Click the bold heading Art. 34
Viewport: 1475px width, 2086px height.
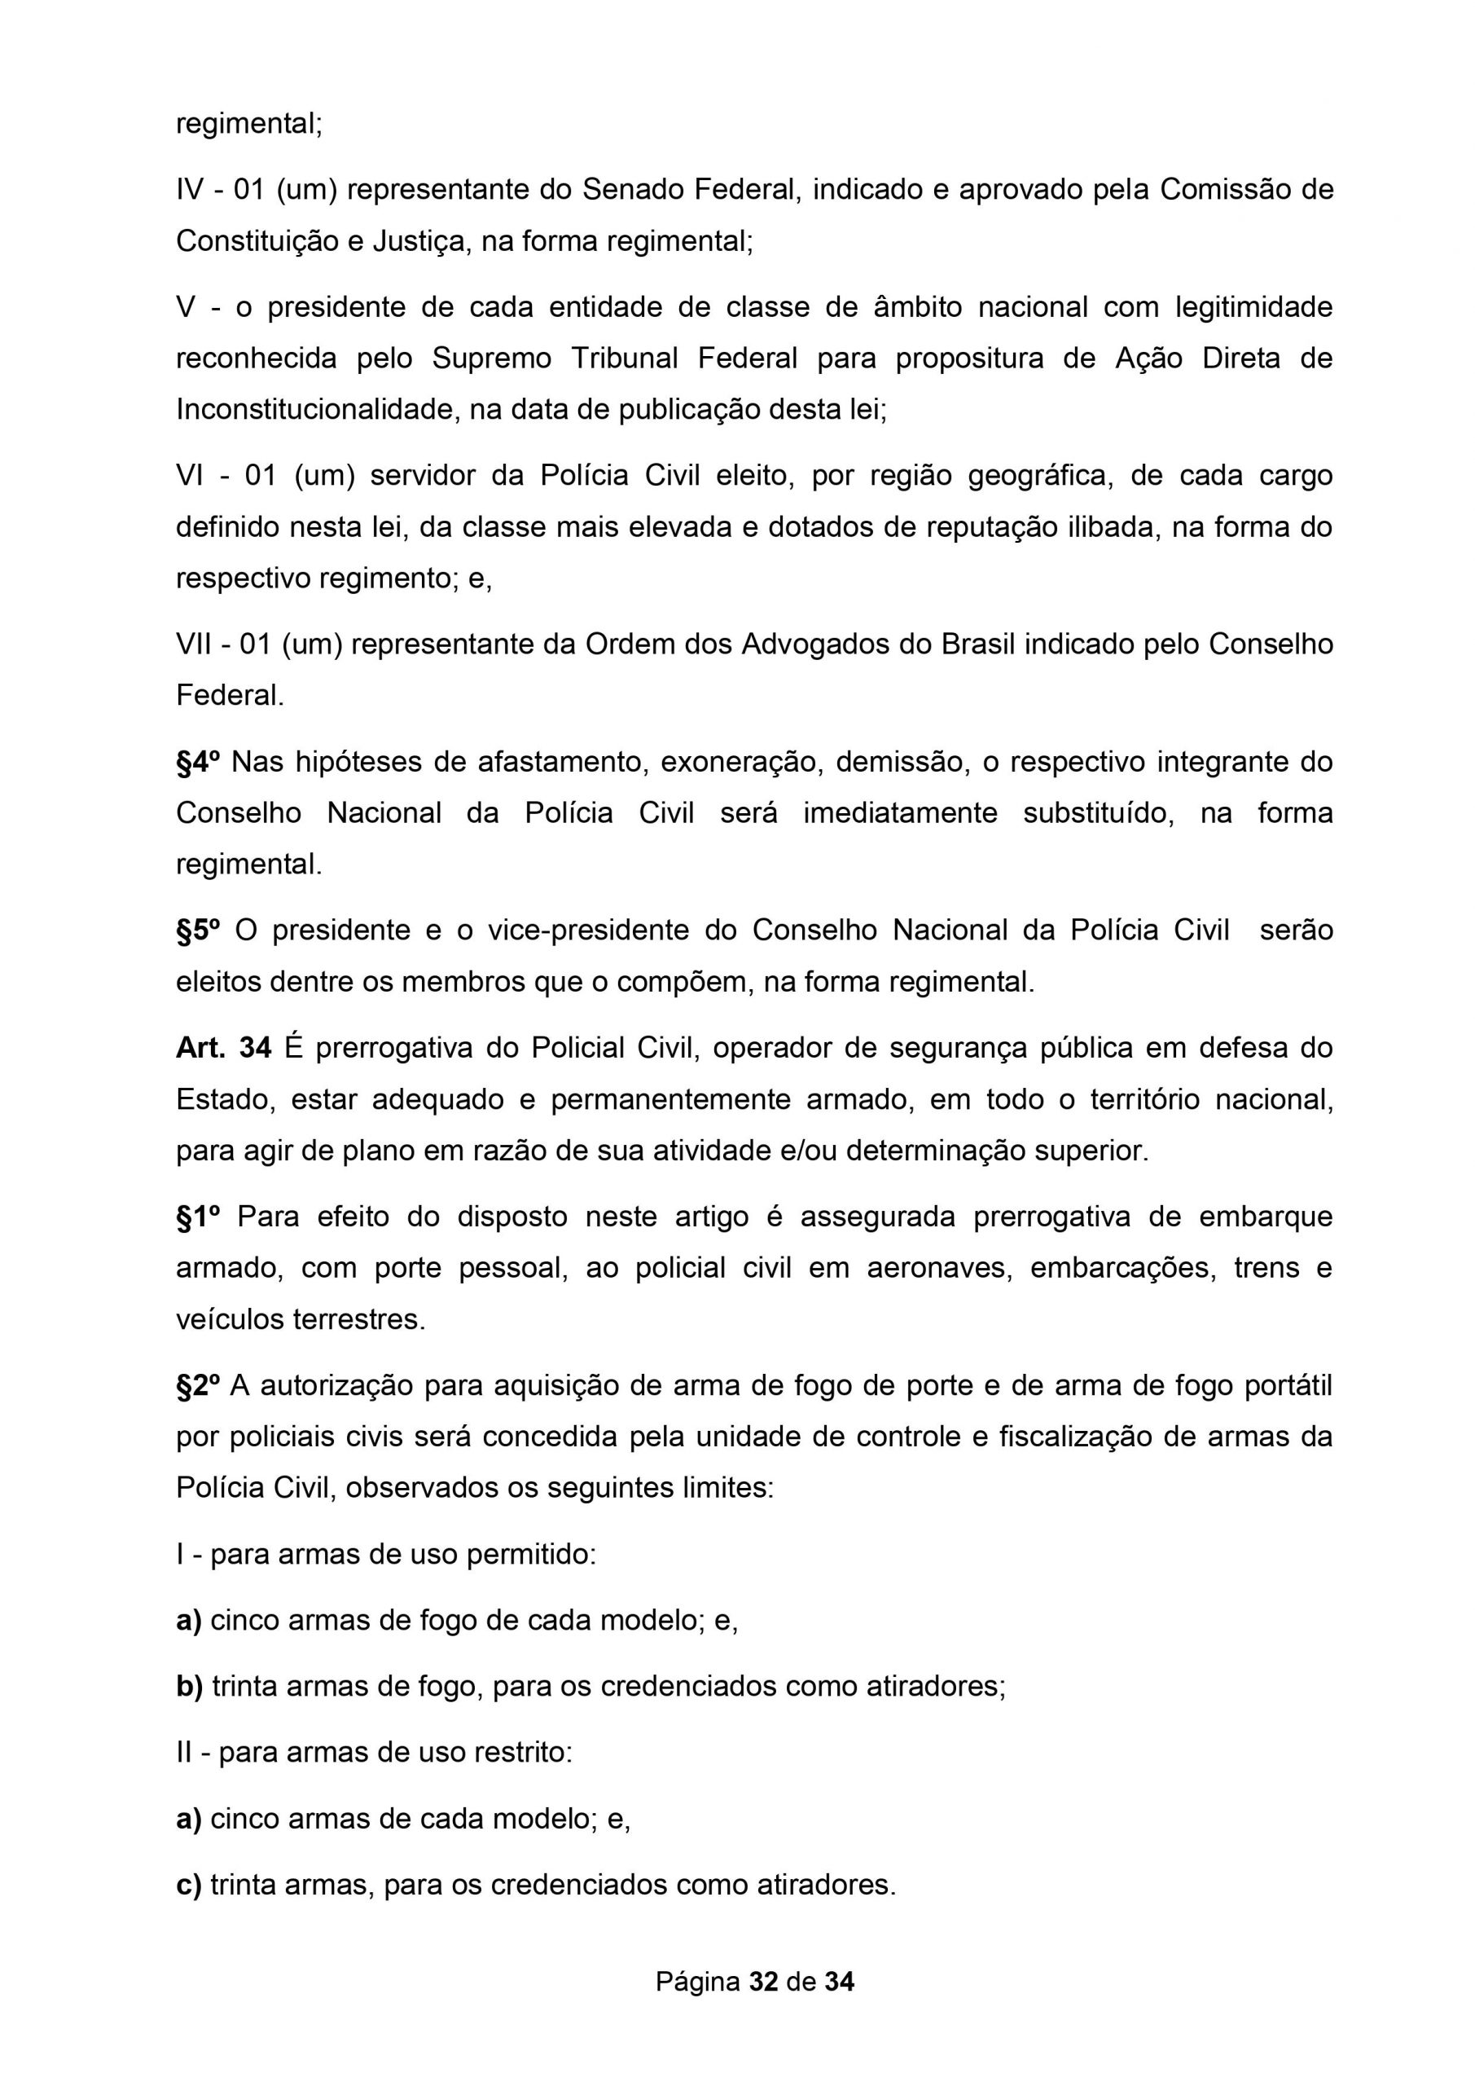point(223,1049)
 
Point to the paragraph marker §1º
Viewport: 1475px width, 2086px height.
point(198,1217)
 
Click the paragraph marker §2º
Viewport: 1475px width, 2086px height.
point(198,1386)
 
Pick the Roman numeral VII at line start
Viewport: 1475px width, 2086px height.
point(196,645)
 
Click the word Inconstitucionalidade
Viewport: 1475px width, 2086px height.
point(318,410)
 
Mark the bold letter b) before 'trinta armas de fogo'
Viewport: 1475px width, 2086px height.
point(189,1686)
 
